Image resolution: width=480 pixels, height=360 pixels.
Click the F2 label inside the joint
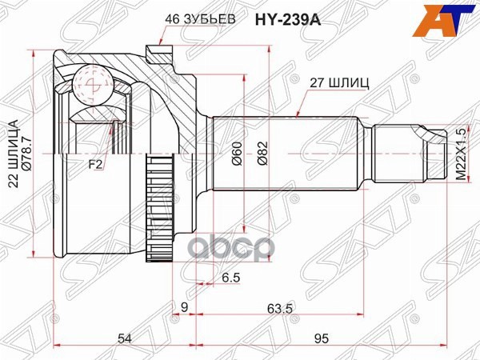[x=95, y=166]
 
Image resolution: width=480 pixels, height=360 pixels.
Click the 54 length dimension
[x=124, y=338]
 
